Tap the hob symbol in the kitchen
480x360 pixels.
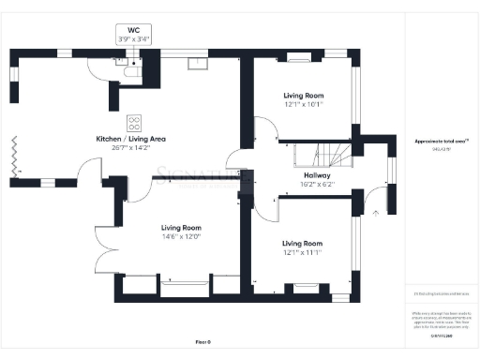[134, 123]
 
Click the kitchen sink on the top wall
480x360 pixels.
[197, 64]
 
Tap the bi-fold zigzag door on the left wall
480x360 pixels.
[14, 154]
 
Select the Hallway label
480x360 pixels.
[316, 175]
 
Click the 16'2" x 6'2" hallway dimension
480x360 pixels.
[316, 185]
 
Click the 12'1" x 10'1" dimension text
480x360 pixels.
[303, 104]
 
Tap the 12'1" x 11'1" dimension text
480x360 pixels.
[303, 251]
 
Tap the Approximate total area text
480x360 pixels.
[441, 141]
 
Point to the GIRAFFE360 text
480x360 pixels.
[441, 334]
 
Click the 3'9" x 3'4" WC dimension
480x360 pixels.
[132, 39]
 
